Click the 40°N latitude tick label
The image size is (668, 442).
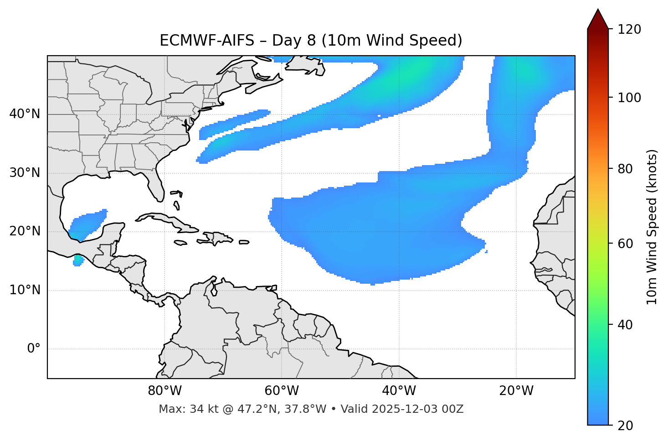tap(25, 114)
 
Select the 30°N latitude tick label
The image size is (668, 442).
tap(25, 173)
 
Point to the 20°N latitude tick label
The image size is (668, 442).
tap(25, 231)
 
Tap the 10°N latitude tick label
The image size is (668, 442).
tap(25, 290)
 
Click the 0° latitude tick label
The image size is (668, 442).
tap(34, 348)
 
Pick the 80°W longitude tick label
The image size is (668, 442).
tap(164, 391)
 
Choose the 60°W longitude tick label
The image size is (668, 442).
tap(282, 391)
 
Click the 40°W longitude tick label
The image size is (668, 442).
tap(399, 391)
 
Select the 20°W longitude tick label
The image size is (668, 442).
tap(516, 391)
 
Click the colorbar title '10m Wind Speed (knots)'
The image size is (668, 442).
tap(652, 227)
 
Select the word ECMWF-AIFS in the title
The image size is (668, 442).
tap(206, 41)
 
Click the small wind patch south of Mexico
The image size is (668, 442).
tap(78, 260)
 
